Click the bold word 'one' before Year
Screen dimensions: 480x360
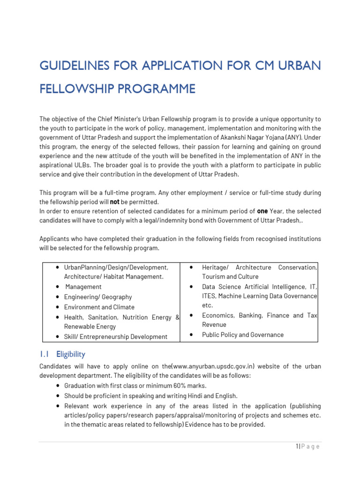tap(262, 211)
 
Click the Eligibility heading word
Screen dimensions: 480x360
tap(71, 354)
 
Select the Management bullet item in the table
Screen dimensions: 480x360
tap(83, 287)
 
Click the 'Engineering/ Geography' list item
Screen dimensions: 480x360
tap(98, 297)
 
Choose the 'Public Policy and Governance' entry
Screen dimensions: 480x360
tap(243, 335)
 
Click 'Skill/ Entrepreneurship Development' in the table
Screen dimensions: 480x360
tap(116, 337)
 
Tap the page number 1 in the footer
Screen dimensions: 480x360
tap(297, 446)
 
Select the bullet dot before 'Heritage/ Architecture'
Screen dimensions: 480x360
tap(192, 267)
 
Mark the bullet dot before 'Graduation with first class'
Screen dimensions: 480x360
tap(57, 386)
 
